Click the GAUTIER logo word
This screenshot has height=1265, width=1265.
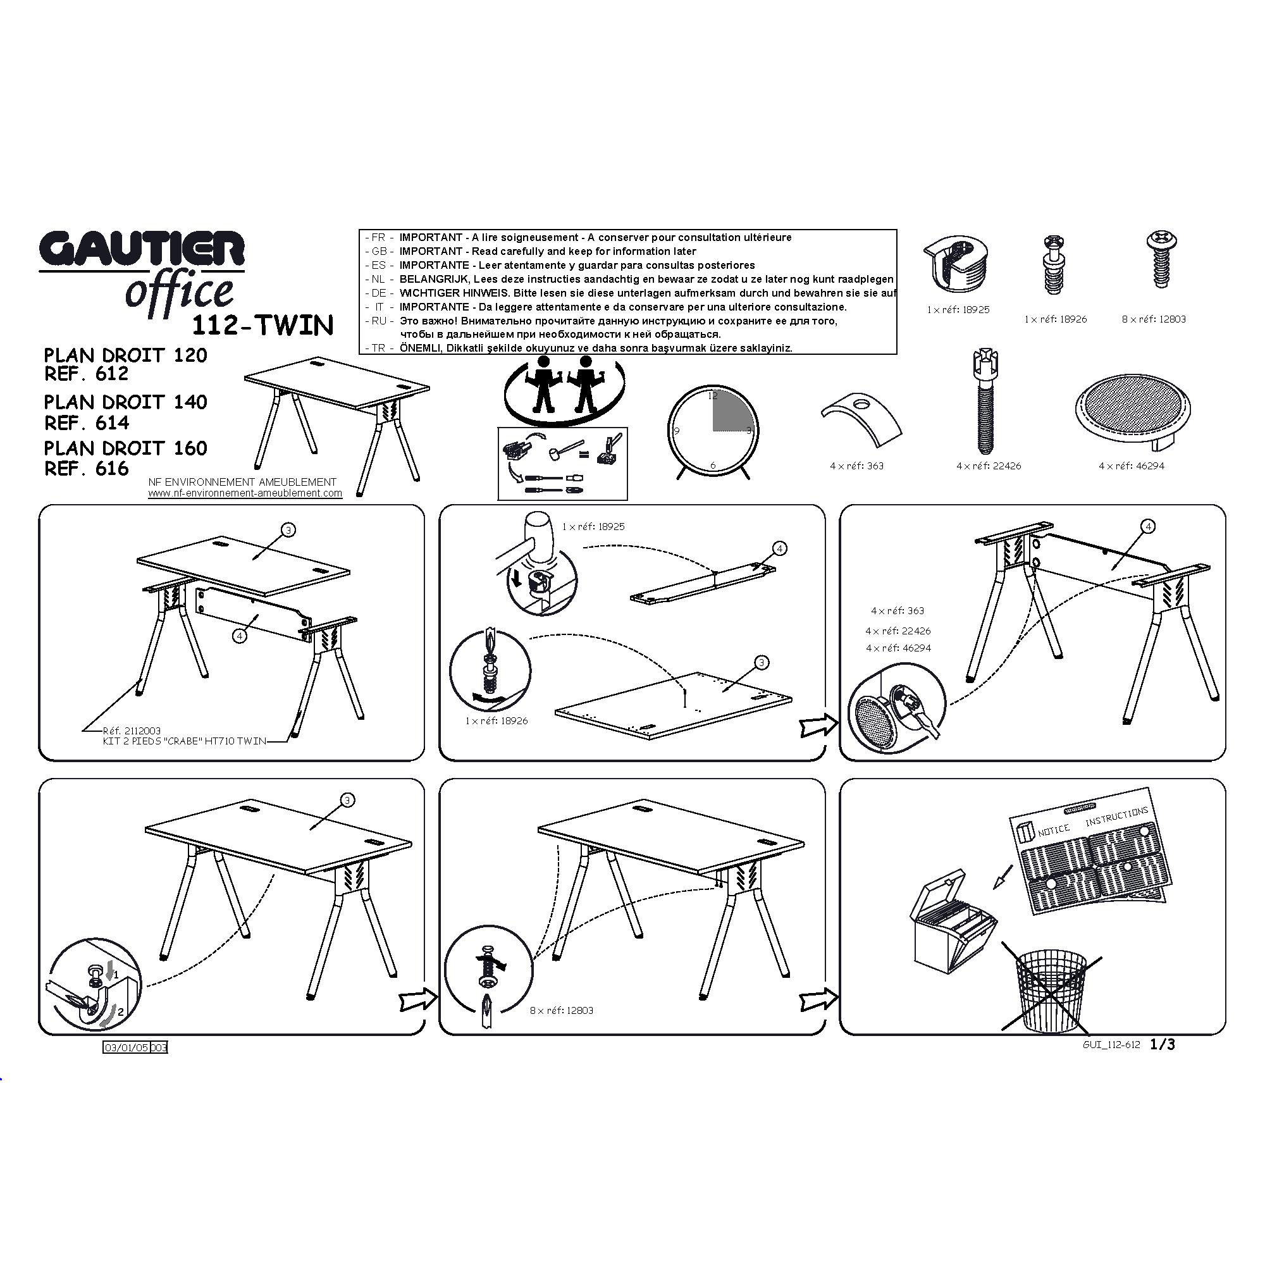[142, 249]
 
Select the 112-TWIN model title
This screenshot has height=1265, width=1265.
[262, 325]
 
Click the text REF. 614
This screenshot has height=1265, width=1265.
[87, 423]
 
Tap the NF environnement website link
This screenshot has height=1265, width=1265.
[245, 493]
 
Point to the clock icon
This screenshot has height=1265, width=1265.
[712, 431]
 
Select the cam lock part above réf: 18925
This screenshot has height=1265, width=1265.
[957, 263]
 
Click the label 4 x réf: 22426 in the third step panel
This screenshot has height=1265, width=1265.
[898, 631]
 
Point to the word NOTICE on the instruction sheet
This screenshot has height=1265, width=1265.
[1054, 830]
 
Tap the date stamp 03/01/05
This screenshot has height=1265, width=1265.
[126, 1047]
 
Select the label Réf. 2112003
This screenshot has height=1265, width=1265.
[132, 731]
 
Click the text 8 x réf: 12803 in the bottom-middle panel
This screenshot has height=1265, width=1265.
[561, 1010]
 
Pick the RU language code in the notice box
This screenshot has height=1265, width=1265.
[379, 321]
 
